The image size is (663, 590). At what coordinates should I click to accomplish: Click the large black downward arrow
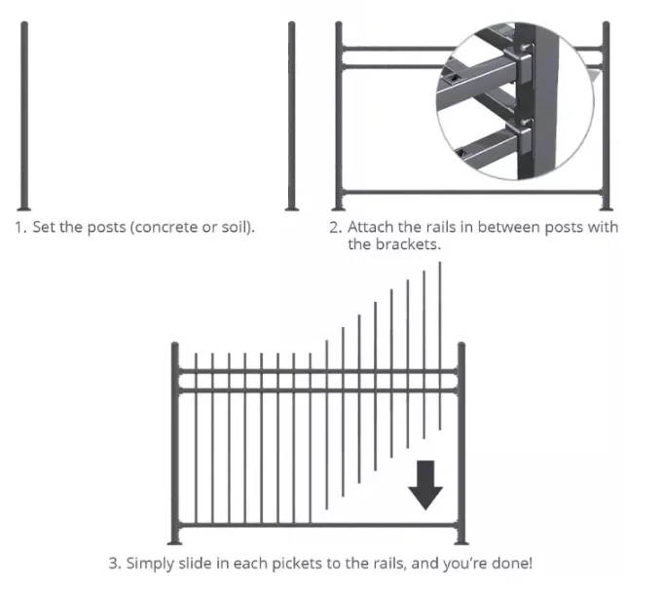(x=425, y=485)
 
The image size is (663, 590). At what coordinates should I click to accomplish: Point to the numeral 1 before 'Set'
(x=19, y=228)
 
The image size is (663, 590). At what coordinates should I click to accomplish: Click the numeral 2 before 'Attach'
(x=335, y=228)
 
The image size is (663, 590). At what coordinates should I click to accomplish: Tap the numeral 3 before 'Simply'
(x=114, y=564)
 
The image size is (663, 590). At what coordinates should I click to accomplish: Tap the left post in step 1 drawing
(x=24, y=116)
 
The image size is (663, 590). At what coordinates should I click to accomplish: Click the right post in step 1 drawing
(x=292, y=116)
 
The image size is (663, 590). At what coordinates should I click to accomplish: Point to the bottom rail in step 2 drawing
(x=472, y=193)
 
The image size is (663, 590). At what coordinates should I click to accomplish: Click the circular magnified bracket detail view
(x=515, y=100)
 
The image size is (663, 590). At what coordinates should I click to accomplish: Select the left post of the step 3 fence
(x=175, y=443)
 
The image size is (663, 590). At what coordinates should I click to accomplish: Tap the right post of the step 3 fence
(x=461, y=443)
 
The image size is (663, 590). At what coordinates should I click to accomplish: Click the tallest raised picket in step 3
(x=440, y=346)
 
